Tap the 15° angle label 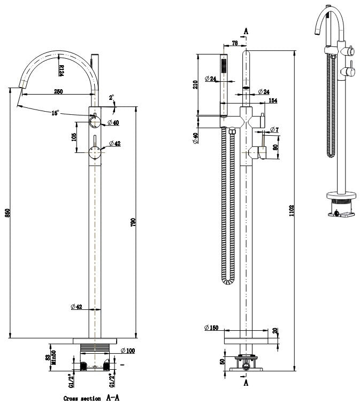tap(55, 113)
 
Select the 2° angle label tap(111, 98)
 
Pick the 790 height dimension tap(133, 222)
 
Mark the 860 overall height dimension tap(7, 213)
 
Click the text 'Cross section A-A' tap(91, 398)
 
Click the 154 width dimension tap(272, 100)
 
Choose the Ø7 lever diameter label tap(274, 130)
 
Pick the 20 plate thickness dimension tap(275, 331)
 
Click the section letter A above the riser tap(246, 31)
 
